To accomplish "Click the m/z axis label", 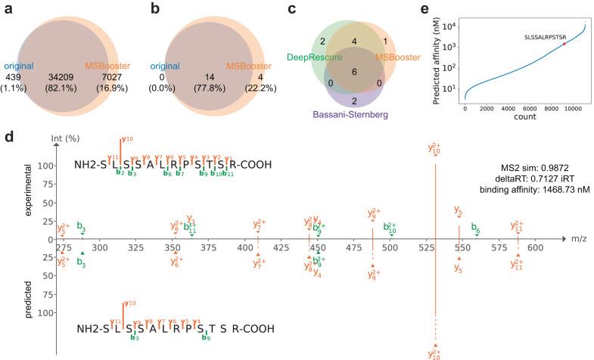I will [x=577, y=239].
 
